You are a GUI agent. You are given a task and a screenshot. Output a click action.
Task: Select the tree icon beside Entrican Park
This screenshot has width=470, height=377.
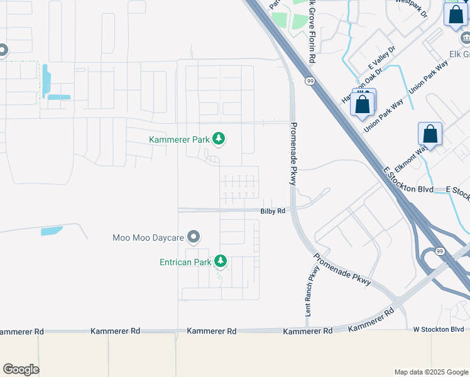point(220,261)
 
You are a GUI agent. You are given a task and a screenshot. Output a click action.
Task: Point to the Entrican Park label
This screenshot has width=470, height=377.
point(185,261)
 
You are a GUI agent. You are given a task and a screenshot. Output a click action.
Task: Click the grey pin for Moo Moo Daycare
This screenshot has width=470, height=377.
point(194,237)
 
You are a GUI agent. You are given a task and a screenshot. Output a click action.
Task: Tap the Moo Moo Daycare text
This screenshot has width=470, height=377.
point(148,238)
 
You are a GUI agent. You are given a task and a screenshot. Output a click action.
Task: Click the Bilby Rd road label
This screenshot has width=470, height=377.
point(273,211)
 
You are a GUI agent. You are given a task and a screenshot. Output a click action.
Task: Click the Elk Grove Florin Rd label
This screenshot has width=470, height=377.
point(310,31)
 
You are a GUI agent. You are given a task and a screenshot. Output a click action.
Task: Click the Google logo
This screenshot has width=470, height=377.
point(21,369)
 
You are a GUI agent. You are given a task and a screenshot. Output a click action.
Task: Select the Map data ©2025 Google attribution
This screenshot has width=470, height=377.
point(431,372)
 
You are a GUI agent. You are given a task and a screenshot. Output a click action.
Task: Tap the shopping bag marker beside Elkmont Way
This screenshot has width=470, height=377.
point(430,134)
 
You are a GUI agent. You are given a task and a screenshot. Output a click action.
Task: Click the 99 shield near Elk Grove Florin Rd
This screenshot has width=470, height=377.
point(310,81)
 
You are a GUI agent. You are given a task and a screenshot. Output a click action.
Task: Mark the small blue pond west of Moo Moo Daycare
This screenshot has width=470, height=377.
point(52,231)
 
